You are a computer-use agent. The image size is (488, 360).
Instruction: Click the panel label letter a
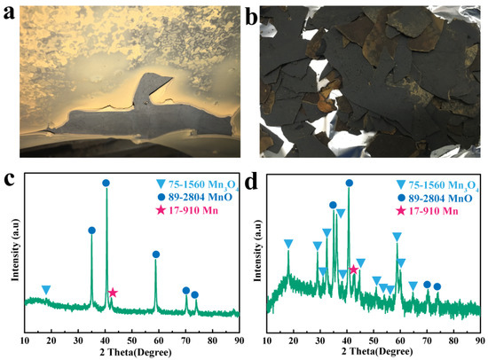pyautogui.click(x=11, y=12)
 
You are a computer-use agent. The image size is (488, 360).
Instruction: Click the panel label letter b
pyautogui.click(x=253, y=12)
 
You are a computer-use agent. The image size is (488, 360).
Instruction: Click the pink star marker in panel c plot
pyautogui.click(x=113, y=293)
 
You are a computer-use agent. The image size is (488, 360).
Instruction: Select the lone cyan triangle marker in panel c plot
pyautogui.click(x=46, y=290)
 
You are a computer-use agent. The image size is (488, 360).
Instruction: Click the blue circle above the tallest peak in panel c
pyautogui.click(x=106, y=184)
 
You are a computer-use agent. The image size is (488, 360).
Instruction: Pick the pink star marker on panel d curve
pyautogui.click(x=354, y=270)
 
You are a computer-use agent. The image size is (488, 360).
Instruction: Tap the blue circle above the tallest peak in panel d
pyautogui.click(x=350, y=184)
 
